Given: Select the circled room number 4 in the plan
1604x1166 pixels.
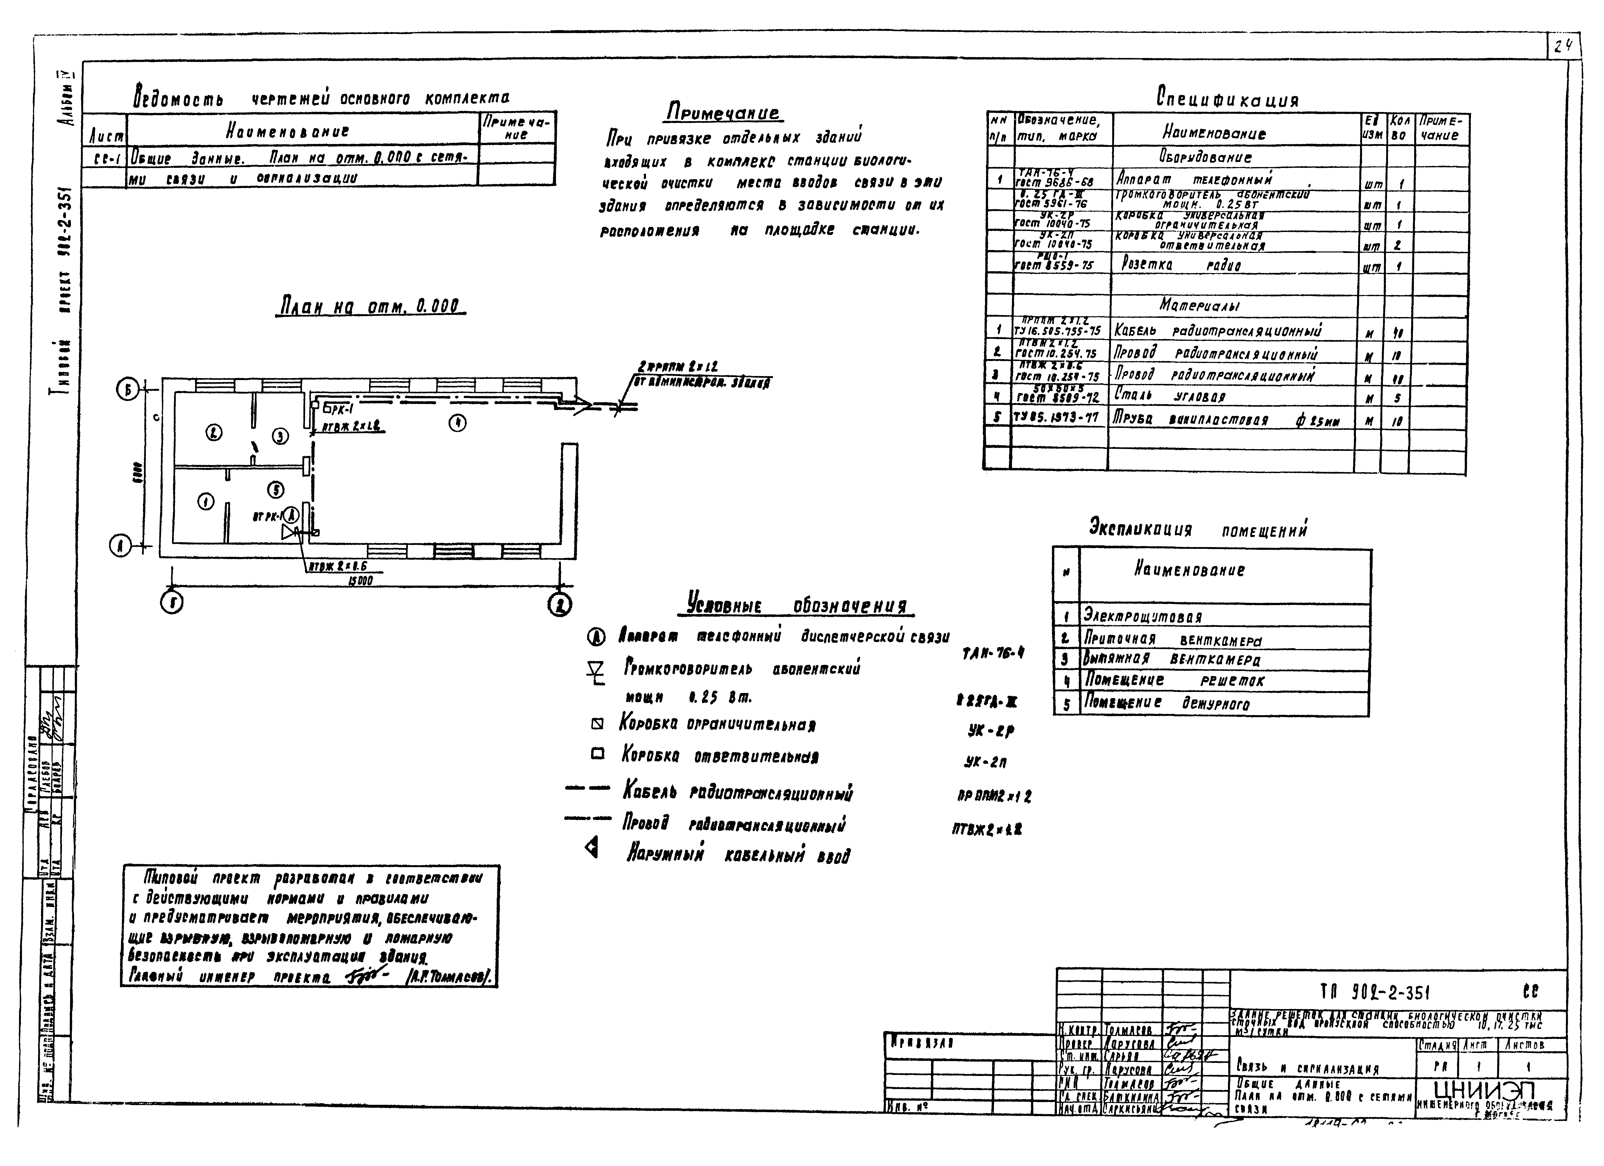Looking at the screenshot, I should [x=457, y=423].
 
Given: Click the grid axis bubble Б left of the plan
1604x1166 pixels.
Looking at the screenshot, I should [x=127, y=390].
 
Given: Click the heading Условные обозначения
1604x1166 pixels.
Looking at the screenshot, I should [x=798, y=606].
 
